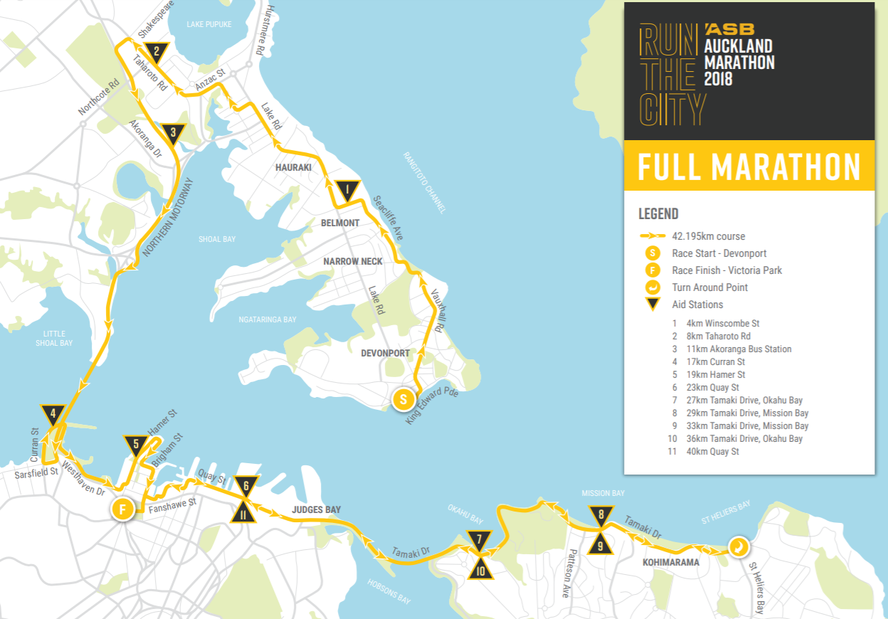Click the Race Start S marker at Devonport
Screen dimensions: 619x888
pyautogui.click(x=403, y=399)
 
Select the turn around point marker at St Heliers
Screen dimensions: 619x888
pyautogui.click(x=739, y=546)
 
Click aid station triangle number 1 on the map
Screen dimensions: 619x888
pyautogui.click(x=348, y=191)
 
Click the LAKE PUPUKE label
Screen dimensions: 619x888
pyautogui.click(x=209, y=24)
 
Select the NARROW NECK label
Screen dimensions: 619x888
pyautogui.click(x=353, y=261)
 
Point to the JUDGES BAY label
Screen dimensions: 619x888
pyautogui.click(x=316, y=509)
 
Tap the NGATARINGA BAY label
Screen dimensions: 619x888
pyautogui.click(x=268, y=320)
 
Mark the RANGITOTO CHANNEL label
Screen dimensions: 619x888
pyautogui.click(x=425, y=182)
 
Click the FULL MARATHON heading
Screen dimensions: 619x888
pyautogui.click(x=749, y=166)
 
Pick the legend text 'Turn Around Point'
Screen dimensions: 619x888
pyautogui.click(x=709, y=287)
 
